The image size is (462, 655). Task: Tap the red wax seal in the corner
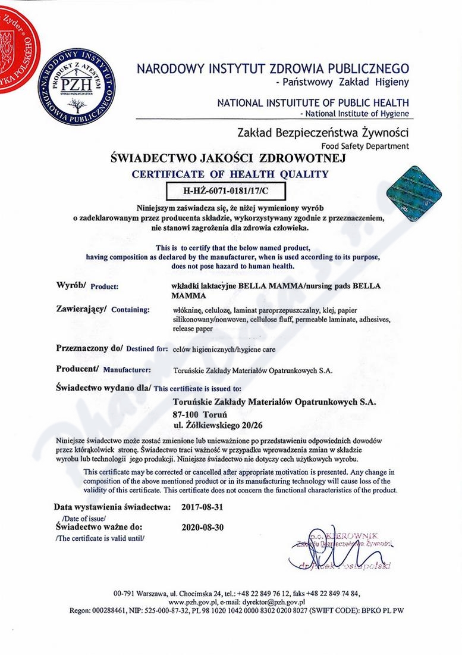[x=15, y=45]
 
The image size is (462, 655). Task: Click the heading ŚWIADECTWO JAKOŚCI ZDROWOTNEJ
[x=228, y=159]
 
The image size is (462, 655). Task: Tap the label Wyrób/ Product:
[x=87, y=286]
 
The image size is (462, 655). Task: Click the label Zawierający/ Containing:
[x=102, y=310]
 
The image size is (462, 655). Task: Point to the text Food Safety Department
[x=365, y=146]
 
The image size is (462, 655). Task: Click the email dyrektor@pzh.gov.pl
[x=265, y=602]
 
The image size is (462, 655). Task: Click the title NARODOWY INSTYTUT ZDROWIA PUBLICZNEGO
[x=273, y=67]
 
